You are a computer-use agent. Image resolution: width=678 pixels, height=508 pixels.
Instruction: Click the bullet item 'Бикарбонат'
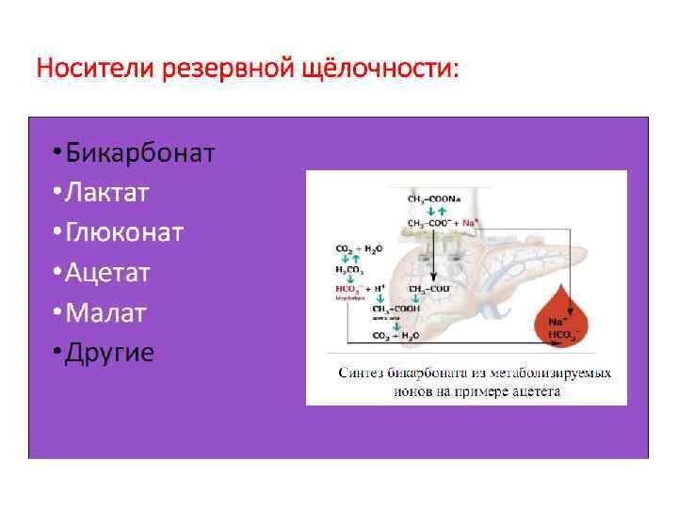point(140,152)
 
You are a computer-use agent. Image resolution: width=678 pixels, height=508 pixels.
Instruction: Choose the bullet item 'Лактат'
point(107,193)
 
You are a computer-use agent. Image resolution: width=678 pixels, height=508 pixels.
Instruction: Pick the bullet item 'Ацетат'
point(111,273)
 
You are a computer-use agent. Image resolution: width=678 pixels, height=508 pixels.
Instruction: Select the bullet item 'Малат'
point(106,312)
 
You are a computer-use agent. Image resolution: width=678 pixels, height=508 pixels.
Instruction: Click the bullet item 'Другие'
point(110,353)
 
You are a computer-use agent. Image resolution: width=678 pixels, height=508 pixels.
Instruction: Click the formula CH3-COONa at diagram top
point(433,199)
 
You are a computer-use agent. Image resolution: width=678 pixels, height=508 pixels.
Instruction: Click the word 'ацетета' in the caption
point(537,390)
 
